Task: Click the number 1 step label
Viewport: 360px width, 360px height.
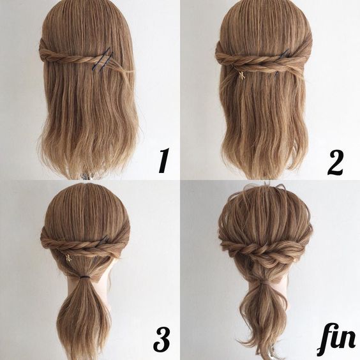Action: tap(164, 160)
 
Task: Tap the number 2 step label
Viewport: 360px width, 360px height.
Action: tap(336, 163)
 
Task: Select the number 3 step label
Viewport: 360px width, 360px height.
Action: tap(161, 340)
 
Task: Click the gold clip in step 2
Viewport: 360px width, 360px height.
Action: tap(241, 75)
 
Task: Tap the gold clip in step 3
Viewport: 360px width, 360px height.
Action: tap(68, 258)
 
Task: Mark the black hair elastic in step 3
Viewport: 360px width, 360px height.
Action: tap(85, 278)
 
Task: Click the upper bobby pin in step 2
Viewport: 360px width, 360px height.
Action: tap(284, 53)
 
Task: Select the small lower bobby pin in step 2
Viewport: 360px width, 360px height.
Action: tap(277, 73)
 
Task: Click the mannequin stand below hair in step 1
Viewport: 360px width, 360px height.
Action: tap(86, 176)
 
